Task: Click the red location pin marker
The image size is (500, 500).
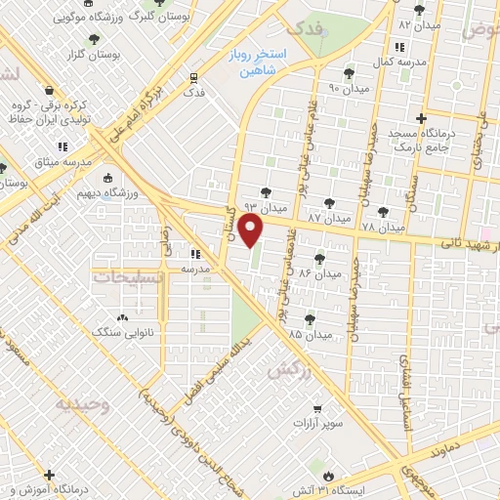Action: click(252, 231)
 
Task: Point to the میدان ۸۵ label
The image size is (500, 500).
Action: click(311, 334)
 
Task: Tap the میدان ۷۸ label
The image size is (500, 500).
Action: click(383, 227)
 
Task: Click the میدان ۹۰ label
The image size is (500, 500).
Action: click(349, 88)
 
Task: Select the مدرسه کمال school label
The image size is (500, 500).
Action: click(399, 62)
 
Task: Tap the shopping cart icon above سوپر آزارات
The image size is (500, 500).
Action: click(317, 410)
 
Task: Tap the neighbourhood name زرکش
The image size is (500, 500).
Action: click(281, 370)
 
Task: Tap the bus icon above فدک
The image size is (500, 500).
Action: click(194, 76)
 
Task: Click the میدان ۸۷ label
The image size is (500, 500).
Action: click(328, 212)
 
